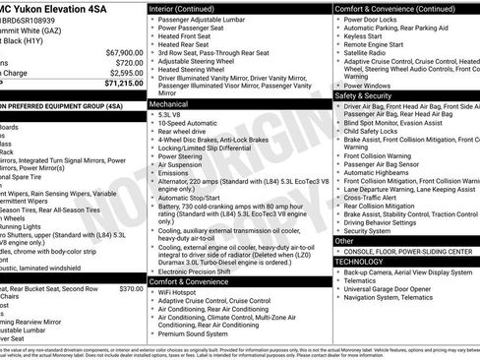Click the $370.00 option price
coord(131,262)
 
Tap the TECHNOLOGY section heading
coord(359,262)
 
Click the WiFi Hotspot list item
coord(183,294)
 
